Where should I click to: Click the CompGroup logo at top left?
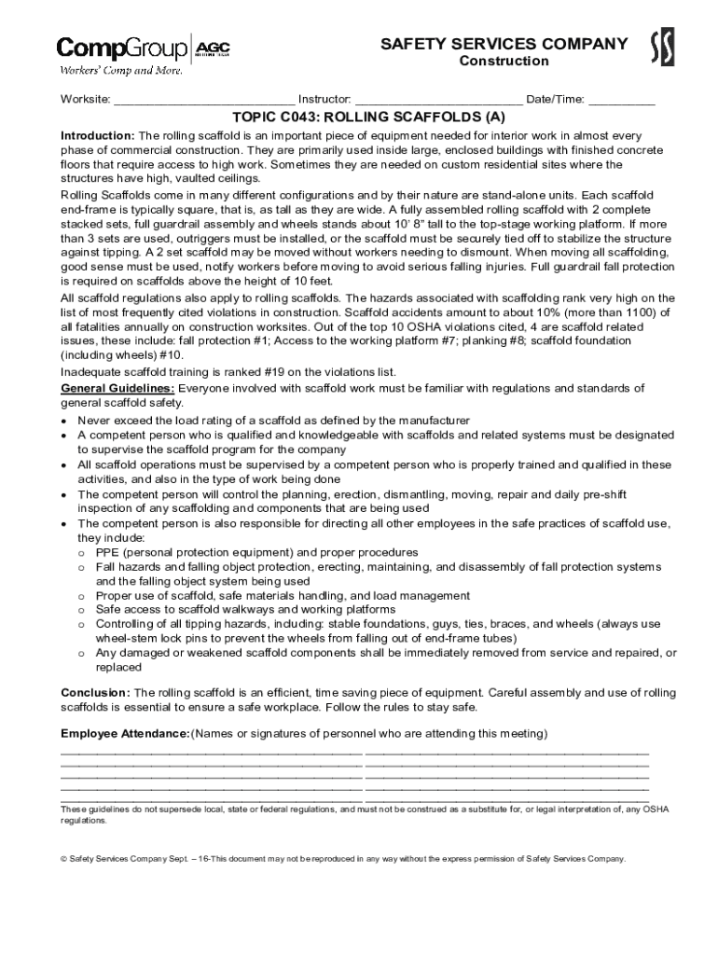point(122,48)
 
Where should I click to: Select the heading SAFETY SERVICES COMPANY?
point(504,44)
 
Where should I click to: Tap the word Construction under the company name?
point(504,62)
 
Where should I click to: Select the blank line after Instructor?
point(438,100)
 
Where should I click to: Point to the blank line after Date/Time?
point(621,100)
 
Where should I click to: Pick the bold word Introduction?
point(97,135)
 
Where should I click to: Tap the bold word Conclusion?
point(95,693)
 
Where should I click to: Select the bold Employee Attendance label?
point(125,734)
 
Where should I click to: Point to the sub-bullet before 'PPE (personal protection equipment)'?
point(82,553)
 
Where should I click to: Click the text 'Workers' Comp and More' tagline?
point(121,70)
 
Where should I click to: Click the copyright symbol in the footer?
point(64,859)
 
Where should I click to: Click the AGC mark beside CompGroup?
point(214,48)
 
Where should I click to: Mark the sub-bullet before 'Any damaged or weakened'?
point(82,654)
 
